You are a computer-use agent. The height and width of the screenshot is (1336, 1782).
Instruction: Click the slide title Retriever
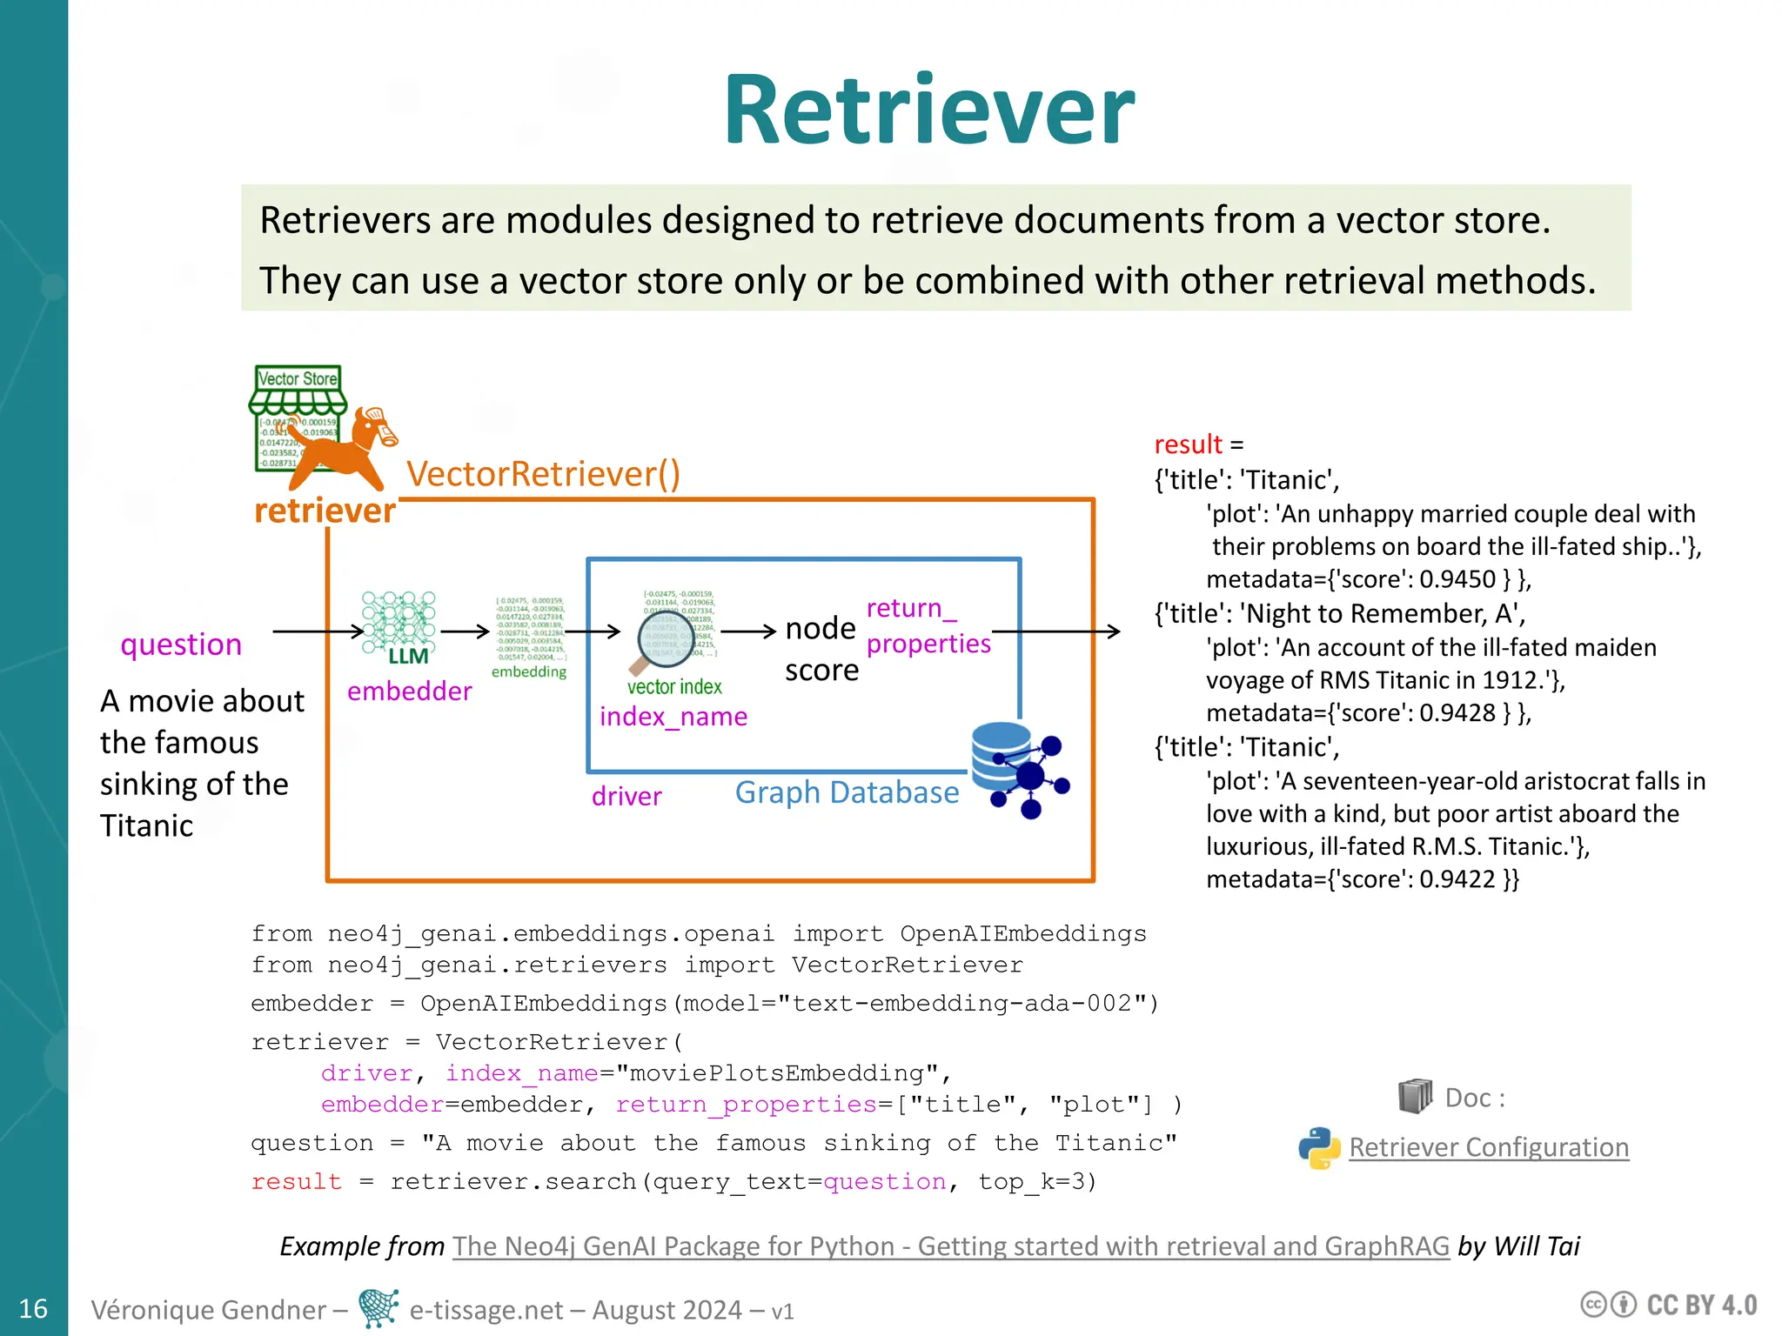[x=928, y=111]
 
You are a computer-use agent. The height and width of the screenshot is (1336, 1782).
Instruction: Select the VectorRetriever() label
[x=543, y=474]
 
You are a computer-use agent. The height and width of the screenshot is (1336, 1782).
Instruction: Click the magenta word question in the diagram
[x=181, y=645]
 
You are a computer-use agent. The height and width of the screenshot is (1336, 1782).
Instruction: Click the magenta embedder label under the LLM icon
[x=409, y=691]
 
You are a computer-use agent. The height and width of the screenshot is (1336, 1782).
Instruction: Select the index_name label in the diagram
[x=673, y=717]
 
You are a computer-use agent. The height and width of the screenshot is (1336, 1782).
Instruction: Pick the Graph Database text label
[x=847, y=792]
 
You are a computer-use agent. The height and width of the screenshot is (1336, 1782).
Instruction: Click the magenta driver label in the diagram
[x=626, y=796]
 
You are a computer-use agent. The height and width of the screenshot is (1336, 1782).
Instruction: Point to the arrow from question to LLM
[x=318, y=631]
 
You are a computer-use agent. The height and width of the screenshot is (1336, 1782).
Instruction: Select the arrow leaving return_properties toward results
[x=1055, y=631]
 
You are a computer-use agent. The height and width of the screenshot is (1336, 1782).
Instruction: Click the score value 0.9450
[x=1457, y=579]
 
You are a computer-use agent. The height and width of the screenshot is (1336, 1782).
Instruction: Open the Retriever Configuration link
[x=1488, y=1147]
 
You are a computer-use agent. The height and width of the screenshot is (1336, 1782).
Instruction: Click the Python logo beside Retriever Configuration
[x=1319, y=1148]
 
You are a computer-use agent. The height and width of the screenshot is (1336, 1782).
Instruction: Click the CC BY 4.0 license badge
[x=1669, y=1306]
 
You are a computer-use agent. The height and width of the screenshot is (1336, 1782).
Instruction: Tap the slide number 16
[x=33, y=1308]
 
